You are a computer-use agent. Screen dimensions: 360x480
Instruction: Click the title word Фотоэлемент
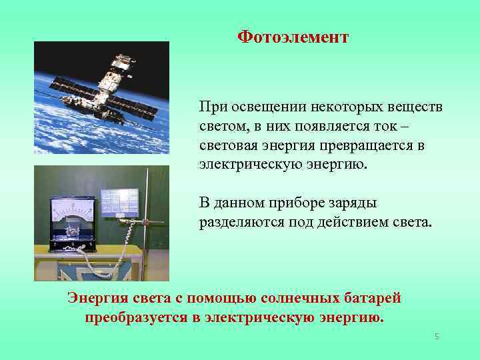(x=293, y=37)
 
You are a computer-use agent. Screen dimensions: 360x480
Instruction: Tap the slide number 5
(x=437, y=337)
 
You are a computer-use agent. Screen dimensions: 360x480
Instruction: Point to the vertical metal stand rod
(x=148, y=220)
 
